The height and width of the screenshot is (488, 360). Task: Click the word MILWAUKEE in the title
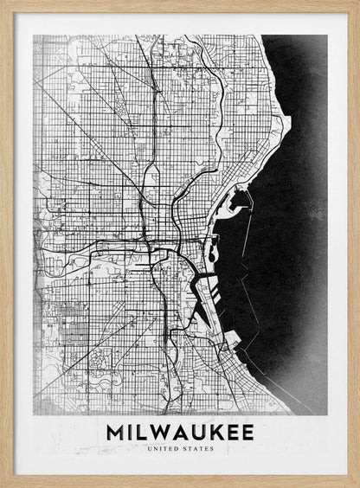pos(180,432)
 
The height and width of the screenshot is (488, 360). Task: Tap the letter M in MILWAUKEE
pos(115,432)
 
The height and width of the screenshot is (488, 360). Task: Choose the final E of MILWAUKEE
pos(247,432)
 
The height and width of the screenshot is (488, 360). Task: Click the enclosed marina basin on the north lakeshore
pos(235,203)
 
